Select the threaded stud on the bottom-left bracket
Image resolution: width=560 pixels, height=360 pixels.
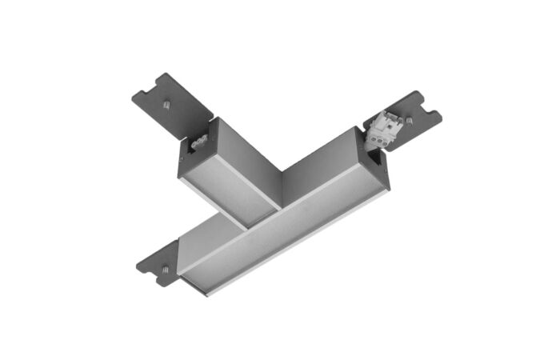coord(164,268)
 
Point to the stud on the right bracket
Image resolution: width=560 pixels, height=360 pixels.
coord(409,121)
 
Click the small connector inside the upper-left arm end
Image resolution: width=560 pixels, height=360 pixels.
coord(198,144)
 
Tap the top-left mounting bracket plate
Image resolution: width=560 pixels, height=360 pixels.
coord(172,100)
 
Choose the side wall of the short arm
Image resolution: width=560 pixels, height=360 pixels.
coord(248,160)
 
